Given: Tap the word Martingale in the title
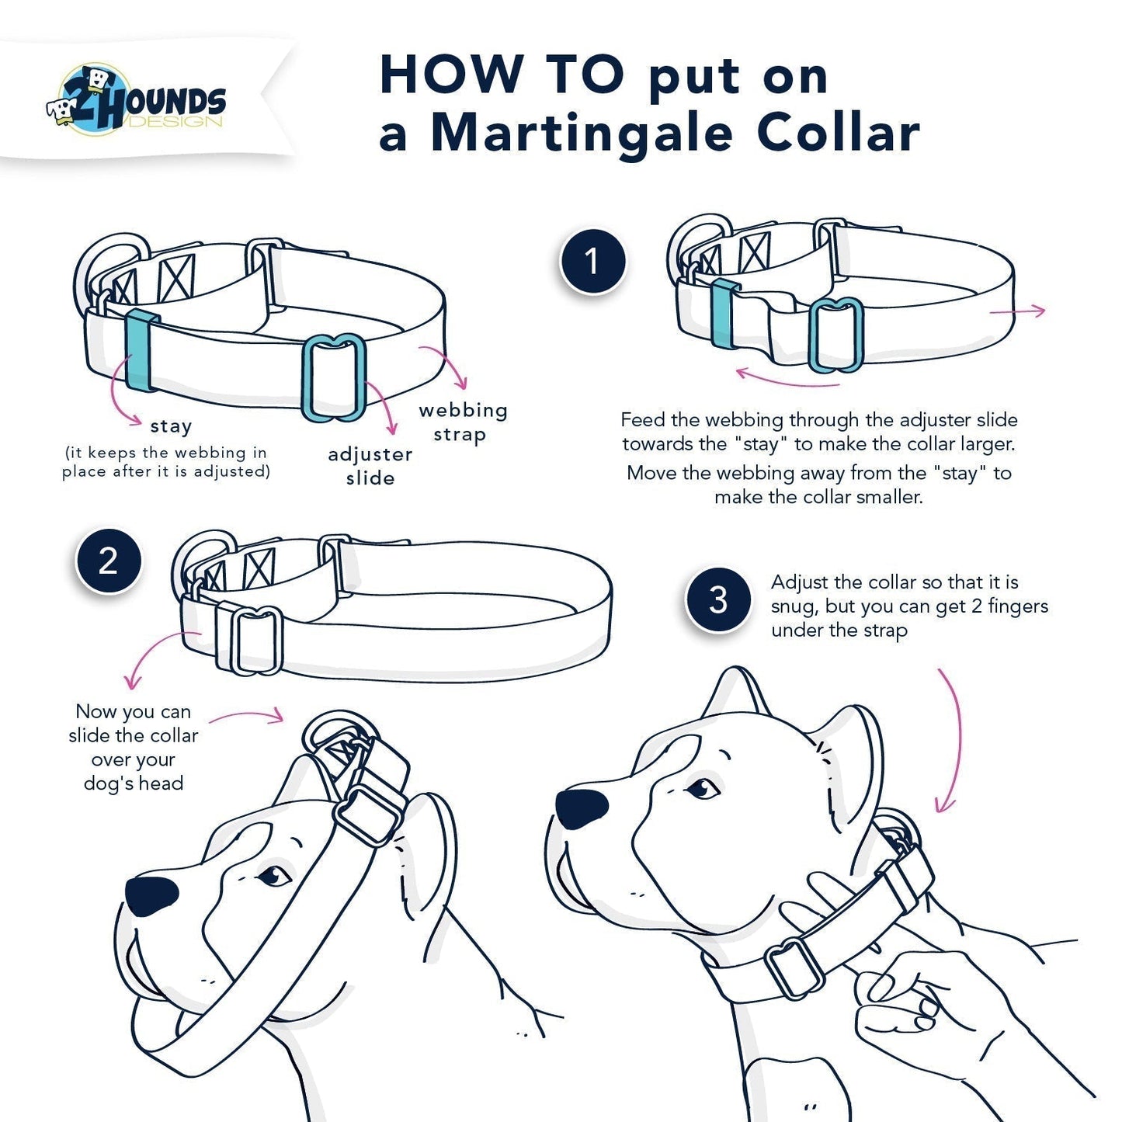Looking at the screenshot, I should click(x=582, y=134).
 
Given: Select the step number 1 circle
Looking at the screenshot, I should click(x=592, y=262).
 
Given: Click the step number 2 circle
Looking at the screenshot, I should click(x=108, y=561).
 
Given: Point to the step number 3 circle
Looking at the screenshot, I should click(x=718, y=600).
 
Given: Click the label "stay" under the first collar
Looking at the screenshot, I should click(x=171, y=426).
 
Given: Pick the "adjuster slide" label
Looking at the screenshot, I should click(x=370, y=466).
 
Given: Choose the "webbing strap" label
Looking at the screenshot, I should click(x=463, y=422).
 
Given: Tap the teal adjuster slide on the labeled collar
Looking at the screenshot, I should click(x=334, y=378).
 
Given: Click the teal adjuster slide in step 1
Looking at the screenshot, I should click(x=835, y=335).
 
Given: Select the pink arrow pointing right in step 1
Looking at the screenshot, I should click(x=1018, y=311).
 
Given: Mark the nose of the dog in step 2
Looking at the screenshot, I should click(x=151, y=896).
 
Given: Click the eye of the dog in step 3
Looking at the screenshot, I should click(x=703, y=789).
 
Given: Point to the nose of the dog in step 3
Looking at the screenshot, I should click(x=582, y=809).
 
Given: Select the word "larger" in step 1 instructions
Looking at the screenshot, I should click(x=984, y=444).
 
